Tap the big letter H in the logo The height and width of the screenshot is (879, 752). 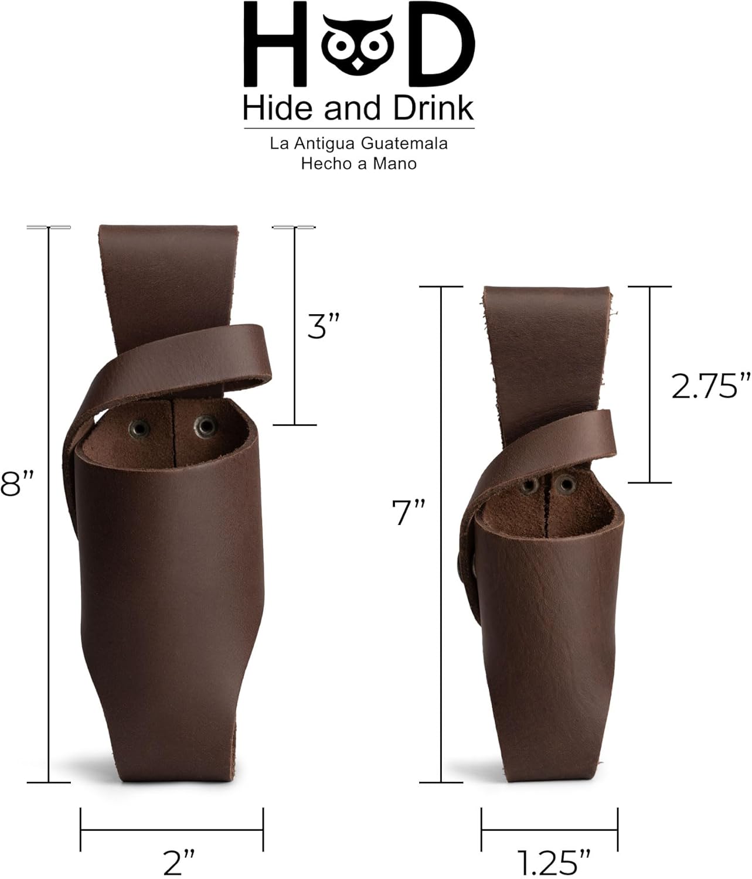pos(275,44)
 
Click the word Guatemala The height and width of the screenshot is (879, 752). pos(404,144)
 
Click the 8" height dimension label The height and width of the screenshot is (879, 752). pos(16,483)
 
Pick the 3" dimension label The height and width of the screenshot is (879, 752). pos(324,326)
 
